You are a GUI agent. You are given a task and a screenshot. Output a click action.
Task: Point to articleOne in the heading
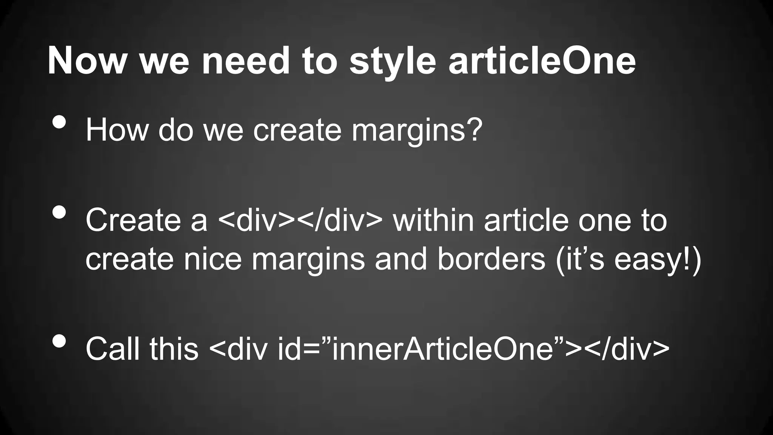pyautogui.click(x=542, y=61)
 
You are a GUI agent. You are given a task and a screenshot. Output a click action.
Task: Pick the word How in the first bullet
pyautogui.click(x=117, y=130)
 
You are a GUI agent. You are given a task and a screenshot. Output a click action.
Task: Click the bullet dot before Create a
pyautogui.click(x=59, y=212)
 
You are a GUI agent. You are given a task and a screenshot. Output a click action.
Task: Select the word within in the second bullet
pyautogui.click(x=433, y=221)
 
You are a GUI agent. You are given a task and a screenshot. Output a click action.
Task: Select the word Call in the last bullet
pyautogui.click(x=113, y=349)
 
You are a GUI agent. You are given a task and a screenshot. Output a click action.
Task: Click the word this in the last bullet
pyautogui.click(x=174, y=349)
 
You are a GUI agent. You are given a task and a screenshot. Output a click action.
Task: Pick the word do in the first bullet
pyautogui.click(x=176, y=130)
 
